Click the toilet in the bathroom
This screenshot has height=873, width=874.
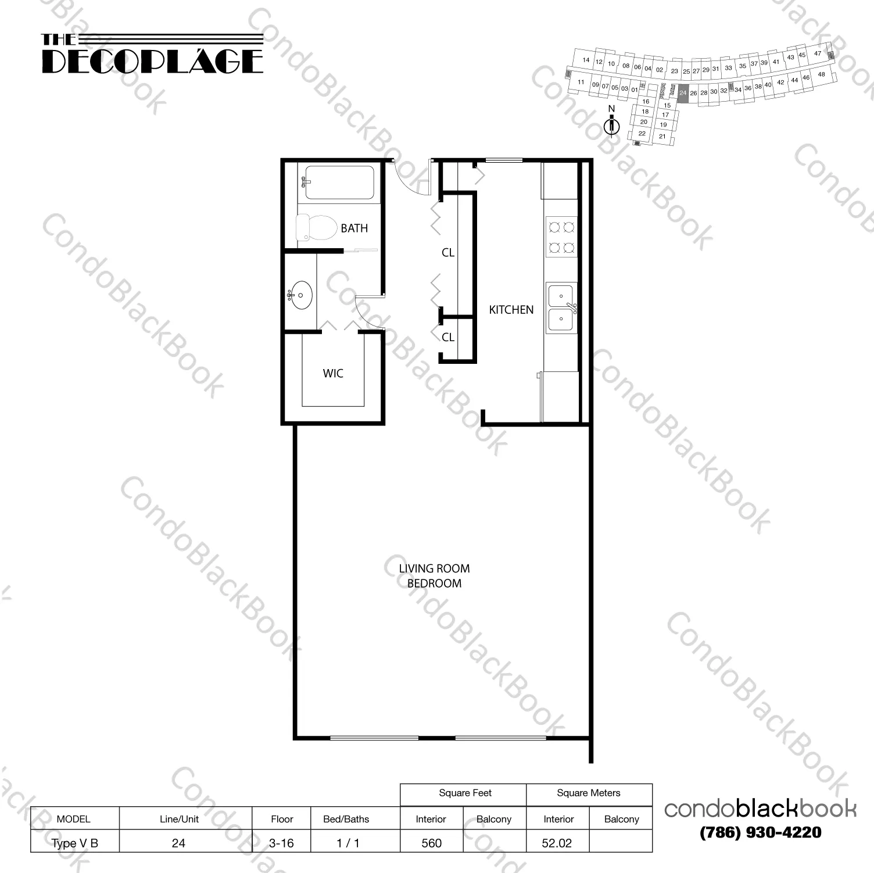pyautogui.click(x=316, y=227)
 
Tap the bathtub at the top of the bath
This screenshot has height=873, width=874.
pyautogui.click(x=339, y=183)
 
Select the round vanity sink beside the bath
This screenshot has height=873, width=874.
pyautogui.click(x=301, y=295)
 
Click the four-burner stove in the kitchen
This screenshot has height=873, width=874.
pyautogui.click(x=561, y=237)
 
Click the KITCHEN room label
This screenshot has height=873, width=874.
pyautogui.click(x=511, y=310)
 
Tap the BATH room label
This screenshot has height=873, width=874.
pyautogui.click(x=354, y=228)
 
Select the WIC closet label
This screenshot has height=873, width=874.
pyautogui.click(x=333, y=373)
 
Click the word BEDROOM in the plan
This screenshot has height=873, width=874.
pyautogui.click(x=434, y=584)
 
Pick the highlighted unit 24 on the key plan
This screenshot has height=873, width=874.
pyautogui.click(x=683, y=93)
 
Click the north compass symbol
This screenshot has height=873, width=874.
pyautogui.click(x=611, y=125)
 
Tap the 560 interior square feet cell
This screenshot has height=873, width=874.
pyautogui.click(x=431, y=843)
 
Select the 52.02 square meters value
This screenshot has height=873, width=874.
pyautogui.click(x=557, y=843)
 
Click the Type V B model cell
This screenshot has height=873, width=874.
pyautogui.click(x=74, y=843)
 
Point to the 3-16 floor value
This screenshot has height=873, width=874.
pyautogui.click(x=282, y=843)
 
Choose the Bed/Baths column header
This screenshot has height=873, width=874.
pyautogui.click(x=346, y=819)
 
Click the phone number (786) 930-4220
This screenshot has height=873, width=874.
pyautogui.click(x=761, y=832)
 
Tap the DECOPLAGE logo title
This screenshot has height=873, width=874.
pyautogui.click(x=152, y=61)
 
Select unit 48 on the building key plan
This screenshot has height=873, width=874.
pyautogui.click(x=821, y=74)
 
